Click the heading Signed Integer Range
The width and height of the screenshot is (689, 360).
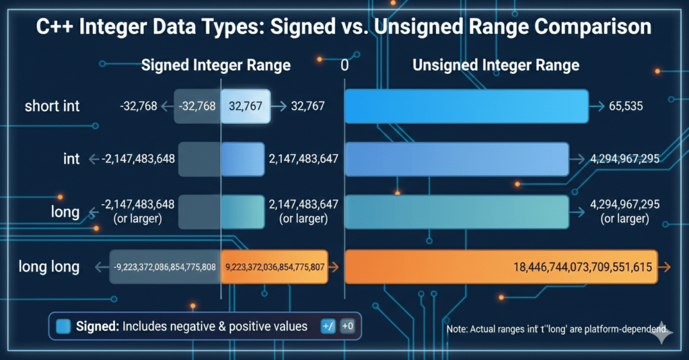coord(215,65)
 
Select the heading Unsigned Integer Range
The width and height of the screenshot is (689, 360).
coord(495,65)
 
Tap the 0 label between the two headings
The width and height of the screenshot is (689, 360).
coord(344,65)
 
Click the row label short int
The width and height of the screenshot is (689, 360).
coord(52,106)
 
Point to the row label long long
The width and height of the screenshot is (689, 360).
coord(48,266)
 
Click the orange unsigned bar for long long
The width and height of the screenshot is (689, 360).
coord(501,266)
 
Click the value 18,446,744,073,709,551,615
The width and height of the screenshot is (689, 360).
coord(582,267)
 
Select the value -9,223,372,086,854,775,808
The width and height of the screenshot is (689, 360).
coord(164,267)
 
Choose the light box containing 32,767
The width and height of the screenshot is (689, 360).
coord(246,106)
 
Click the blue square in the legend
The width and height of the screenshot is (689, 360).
coord(64,326)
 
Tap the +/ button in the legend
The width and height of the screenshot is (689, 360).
coord(328,326)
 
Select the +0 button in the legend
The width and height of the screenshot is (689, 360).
coord(348,326)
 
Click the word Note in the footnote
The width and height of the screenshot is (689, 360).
coord(458,330)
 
